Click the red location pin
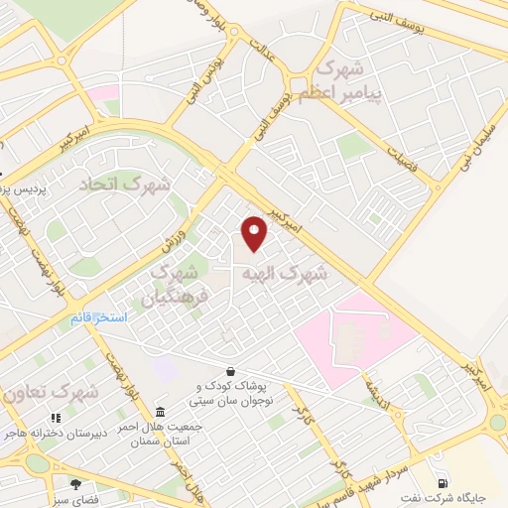255,233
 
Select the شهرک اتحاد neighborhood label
125,185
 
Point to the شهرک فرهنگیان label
169,283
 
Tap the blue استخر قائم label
98,318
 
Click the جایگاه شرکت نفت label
466,494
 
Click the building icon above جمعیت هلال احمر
160,412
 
